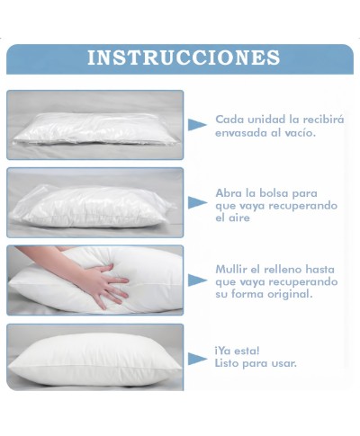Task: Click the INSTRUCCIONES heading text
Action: (183, 58)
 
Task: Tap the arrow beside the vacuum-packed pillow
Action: (197, 126)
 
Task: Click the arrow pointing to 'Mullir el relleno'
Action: (197, 280)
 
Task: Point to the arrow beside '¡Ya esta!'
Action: (197, 358)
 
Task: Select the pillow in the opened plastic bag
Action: (94, 205)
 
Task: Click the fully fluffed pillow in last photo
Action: (94, 359)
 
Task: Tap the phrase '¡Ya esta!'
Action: (238, 351)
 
